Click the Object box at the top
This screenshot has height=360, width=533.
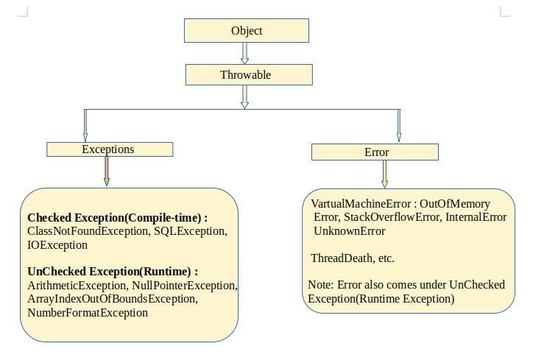click(246, 31)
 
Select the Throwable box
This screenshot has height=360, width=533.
click(245, 75)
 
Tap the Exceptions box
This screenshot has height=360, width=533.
click(110, 149)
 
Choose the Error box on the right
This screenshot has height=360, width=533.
click(375, 152)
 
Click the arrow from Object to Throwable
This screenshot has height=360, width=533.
click(245, 53)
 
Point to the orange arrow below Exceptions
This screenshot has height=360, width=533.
click(107, 172)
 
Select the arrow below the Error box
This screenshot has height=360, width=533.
click(384, 174)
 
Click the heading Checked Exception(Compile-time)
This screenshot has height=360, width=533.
click(118, 219)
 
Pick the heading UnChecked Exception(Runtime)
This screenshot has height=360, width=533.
click(113, 271)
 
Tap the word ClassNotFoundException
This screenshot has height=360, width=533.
click(88, 232)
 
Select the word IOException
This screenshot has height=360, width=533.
click(57, 245)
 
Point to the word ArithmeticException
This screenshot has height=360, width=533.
click(78, 285)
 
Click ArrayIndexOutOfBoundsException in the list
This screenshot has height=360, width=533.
click(112, 299)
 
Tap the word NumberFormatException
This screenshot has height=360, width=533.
click(88, 312)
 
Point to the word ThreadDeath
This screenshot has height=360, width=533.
click(340, 258)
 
